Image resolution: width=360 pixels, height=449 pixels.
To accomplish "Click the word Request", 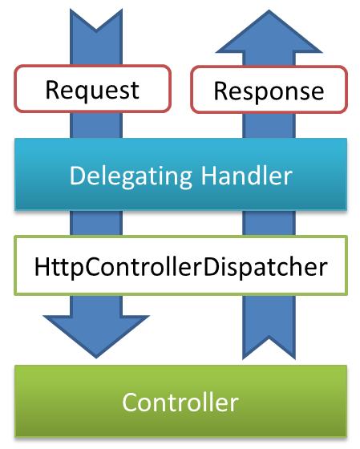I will [x=91, y=89].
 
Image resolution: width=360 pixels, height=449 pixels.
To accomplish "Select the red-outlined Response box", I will [x=269, y=89].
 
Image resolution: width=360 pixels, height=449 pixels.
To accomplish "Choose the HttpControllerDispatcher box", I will [x=180, y=265].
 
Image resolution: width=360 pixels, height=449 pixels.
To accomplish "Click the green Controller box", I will [x=180, y=401].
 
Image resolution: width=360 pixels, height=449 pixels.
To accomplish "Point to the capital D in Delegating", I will [x=77, y=175].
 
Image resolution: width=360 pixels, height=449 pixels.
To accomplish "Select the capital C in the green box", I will [x=130, y=401].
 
